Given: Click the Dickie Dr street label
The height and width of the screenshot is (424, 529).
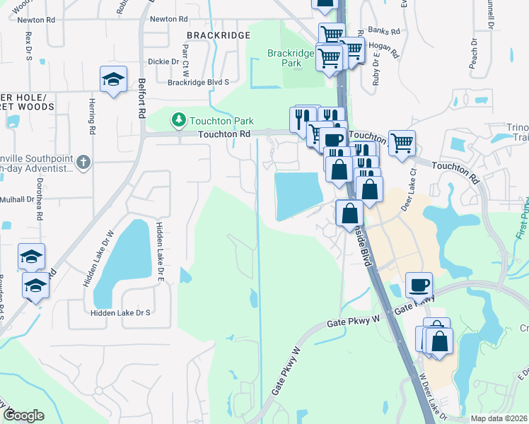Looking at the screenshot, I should point(164,61).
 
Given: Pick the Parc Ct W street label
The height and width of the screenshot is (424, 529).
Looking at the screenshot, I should point(186,59).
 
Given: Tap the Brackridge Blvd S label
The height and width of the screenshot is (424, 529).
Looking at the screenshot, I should point(199,82).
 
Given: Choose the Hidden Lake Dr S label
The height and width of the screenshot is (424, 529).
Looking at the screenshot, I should point(121,312).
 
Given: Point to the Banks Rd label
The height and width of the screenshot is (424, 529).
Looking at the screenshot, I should point(385,31).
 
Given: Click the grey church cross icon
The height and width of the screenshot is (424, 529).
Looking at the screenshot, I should point(83,163).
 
